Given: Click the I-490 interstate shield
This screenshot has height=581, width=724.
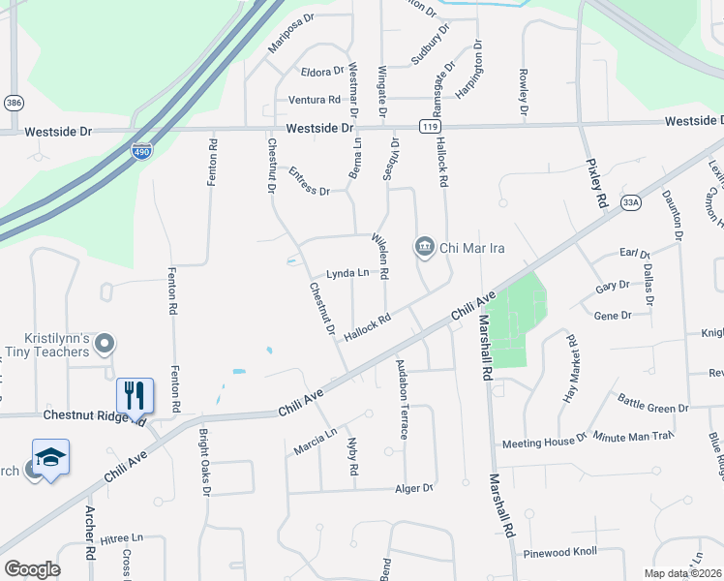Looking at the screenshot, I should coord(140,151).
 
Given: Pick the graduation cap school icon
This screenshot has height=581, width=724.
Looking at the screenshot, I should coord(51,457).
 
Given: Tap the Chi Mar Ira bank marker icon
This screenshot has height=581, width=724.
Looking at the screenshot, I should coord(424,248).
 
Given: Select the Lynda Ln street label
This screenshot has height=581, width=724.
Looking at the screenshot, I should coord(347,273).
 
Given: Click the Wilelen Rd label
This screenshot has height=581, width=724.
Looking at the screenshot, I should coord(379,257).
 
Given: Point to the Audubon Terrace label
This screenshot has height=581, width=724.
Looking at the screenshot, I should coord(402,399).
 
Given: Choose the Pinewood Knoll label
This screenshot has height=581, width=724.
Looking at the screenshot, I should coord(562,554).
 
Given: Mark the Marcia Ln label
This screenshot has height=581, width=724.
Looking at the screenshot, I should coord(315,442).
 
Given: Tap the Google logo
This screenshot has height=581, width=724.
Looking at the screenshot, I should coord(32,569).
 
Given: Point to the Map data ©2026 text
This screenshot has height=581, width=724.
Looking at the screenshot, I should coord(683,572).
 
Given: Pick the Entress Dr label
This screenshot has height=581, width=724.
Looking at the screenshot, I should coord(310,181).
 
